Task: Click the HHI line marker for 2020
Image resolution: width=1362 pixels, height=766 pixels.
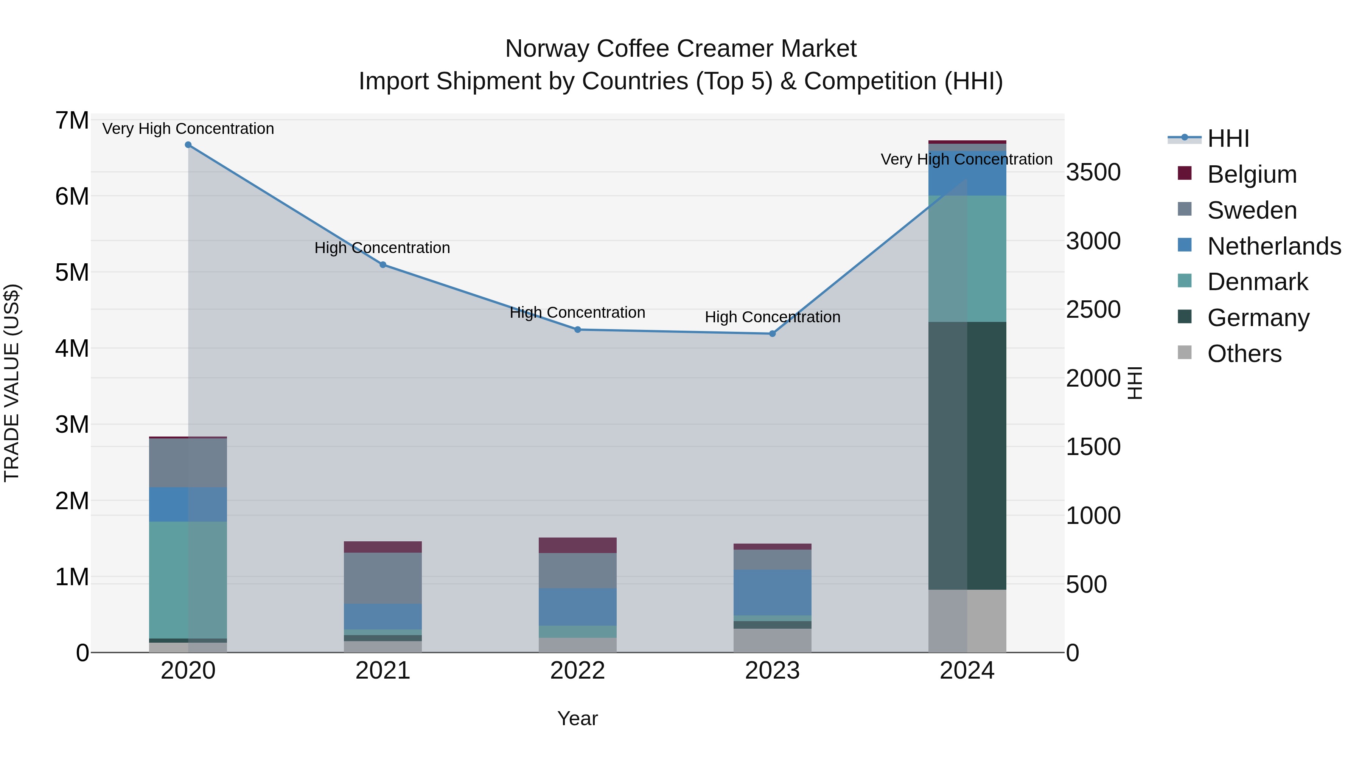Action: tap(188, 145)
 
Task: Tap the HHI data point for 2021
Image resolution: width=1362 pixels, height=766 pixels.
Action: tap(383, 265)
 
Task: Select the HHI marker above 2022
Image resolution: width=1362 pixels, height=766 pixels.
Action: tap(577, 330)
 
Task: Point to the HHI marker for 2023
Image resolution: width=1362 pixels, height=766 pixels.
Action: tap(772, 334)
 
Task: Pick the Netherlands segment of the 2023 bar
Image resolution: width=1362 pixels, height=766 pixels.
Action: tap(772, 592)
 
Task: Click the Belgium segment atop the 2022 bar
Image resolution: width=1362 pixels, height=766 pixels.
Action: tap(577, 545)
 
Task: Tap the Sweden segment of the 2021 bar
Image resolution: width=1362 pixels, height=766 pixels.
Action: tap(383, 578)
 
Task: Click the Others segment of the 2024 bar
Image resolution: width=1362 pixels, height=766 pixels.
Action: tap(967, 621)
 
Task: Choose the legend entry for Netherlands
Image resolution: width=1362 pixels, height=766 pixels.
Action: tap(1274, 246)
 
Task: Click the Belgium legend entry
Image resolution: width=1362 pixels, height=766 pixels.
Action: tap(1252, 174)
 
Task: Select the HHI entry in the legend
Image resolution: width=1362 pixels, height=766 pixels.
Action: tap(1228, 138)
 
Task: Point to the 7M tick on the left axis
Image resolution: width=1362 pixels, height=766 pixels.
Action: tap(72, 121)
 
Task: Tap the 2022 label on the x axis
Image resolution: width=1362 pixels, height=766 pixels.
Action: tap(577, 671)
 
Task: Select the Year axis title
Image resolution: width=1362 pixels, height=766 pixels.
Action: tap(577, 718)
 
